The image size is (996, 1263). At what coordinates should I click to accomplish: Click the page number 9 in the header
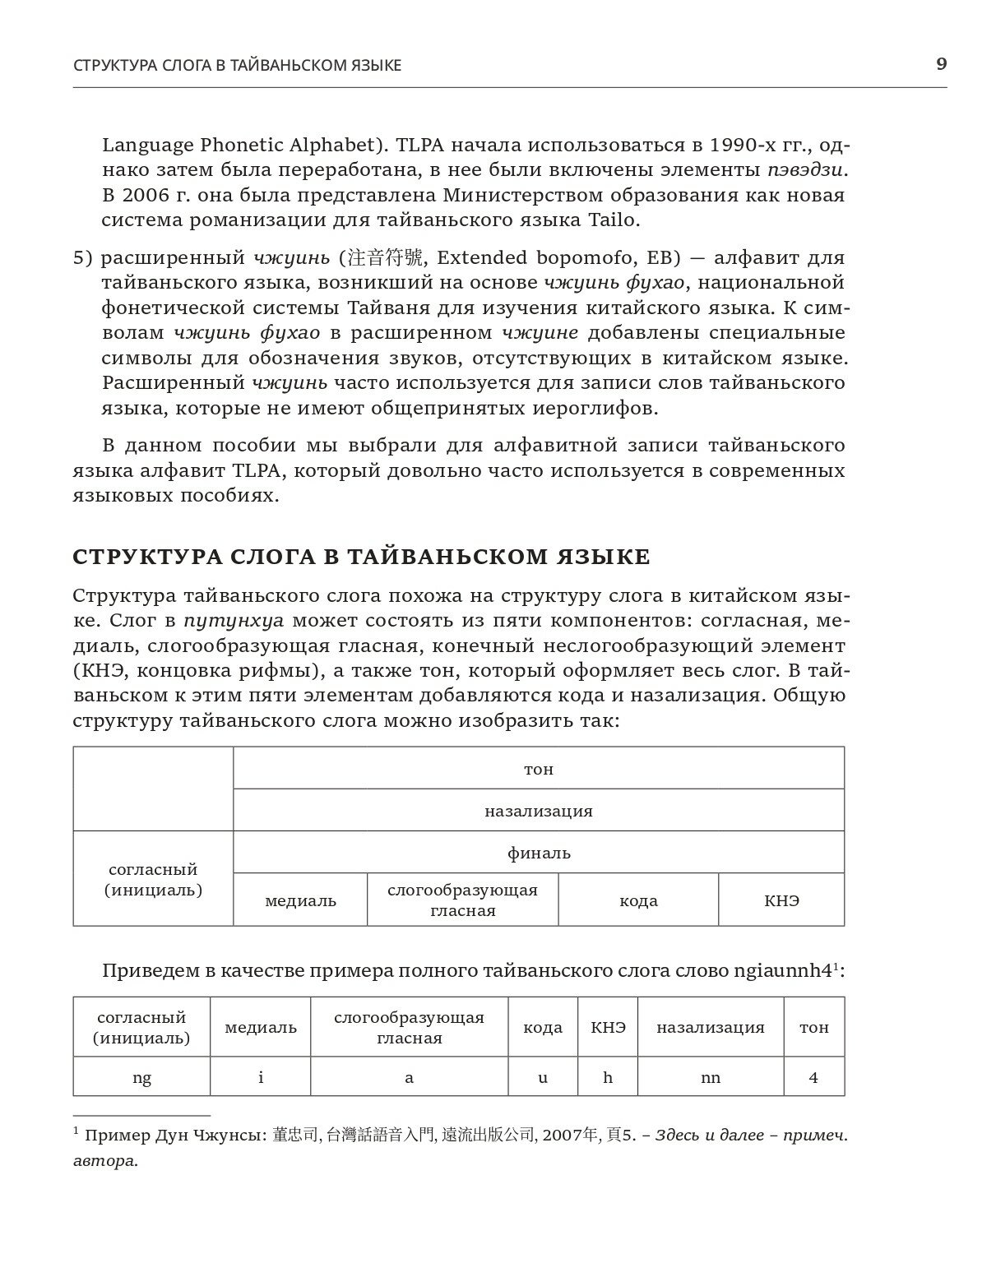941,63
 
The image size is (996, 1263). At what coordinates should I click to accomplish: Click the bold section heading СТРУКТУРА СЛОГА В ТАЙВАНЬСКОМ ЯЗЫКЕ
361,557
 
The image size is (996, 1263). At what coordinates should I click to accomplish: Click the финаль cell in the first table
539,853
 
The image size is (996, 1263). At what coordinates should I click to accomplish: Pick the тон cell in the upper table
539,769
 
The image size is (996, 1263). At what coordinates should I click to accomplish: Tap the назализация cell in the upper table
539,811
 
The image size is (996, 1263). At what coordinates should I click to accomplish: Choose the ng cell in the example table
141,1077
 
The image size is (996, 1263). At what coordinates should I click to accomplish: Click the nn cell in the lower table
711,1077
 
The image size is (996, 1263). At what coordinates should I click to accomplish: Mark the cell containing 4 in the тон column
813,1077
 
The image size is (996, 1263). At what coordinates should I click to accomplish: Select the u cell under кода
543,1077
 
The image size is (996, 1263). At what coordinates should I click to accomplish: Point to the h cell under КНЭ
608,1077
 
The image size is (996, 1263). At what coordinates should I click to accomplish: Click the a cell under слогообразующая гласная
409,1077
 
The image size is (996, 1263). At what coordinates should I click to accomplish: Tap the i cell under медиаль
261,1077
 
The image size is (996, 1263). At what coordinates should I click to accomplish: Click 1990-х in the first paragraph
748,146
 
